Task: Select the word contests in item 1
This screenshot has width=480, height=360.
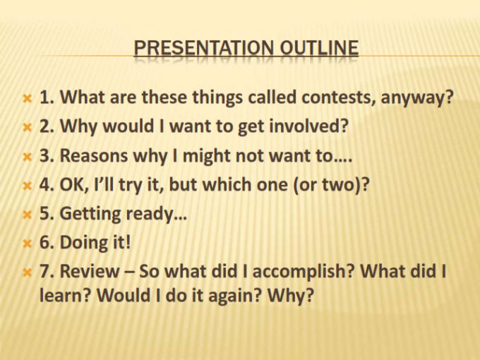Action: pyautogui.click(x=339, y=97)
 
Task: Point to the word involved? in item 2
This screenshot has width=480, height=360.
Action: pyautogui.click(x=308, y=126)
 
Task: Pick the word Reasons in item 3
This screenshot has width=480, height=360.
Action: pyautogui.click(x=94, y=155)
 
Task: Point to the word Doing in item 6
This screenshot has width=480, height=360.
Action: pyautogui.click(x=82, y=243)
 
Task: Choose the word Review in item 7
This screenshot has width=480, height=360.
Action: pyautogui.click(x=90, y=271)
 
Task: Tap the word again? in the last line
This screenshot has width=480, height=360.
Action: pyautogui.click(x=233, y=296)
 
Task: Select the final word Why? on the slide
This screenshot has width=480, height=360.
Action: pyautogui.click(x=291, y=295)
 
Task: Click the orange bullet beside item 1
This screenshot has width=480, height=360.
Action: pyautogui.click(x=28, y=99)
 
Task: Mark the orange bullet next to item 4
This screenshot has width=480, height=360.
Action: pyautogui.click(x=28, y=186)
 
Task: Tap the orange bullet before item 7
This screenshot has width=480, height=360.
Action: pyautogui.click(x=28, y=272)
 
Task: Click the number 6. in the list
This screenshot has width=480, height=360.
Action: pyautogui.click(x=47, y=242)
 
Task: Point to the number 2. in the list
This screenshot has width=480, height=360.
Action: pyautogui.click(x=47, y=126)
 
